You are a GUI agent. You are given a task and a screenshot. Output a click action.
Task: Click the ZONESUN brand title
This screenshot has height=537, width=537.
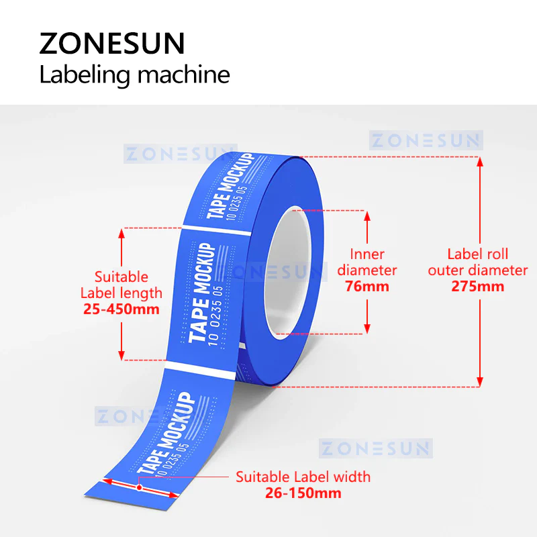point(112,43)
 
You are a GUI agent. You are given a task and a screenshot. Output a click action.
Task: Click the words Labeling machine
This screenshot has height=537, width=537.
point(134,75)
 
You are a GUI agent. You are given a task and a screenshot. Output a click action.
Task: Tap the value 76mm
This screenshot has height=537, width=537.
point(367,287)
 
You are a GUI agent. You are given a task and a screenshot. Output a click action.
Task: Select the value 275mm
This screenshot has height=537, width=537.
point(477,287)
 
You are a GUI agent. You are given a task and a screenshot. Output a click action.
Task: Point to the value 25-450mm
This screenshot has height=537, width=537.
point(121,309)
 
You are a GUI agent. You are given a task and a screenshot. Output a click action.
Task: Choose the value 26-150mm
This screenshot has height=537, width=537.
point(303,493)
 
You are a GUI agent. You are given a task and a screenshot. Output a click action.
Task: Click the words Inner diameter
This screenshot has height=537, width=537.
point(367,262)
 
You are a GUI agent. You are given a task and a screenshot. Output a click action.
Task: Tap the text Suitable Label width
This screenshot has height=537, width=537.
point(303,477)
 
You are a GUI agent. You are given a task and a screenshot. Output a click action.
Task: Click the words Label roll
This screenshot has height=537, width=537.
point(477,254)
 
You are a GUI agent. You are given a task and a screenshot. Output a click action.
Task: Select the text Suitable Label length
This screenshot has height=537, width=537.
point(121,285)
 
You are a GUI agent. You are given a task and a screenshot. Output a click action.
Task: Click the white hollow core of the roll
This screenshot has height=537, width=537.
point(287,273)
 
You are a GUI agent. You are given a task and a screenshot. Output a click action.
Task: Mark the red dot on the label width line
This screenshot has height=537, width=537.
point(139,487)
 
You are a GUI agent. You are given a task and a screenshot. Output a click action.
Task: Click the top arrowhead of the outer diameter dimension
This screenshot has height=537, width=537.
point(480,162)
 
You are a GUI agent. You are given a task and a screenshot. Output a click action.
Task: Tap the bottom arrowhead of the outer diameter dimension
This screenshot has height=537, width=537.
point(480,382)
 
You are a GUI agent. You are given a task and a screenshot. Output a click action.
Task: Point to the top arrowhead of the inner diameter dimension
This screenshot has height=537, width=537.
point(367,215)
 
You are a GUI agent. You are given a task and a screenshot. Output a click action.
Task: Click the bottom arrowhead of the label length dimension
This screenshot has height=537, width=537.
point(121,355)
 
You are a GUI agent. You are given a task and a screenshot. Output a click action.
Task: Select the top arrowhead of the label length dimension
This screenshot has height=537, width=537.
point(121,233)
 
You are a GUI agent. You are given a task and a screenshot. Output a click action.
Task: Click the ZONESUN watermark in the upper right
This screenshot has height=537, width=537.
point(426,140)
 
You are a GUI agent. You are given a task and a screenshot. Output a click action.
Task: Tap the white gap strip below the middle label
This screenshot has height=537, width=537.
point(200,371)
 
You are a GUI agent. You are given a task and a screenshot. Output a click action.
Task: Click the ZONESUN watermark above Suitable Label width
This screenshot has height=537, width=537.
point(376,448)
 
